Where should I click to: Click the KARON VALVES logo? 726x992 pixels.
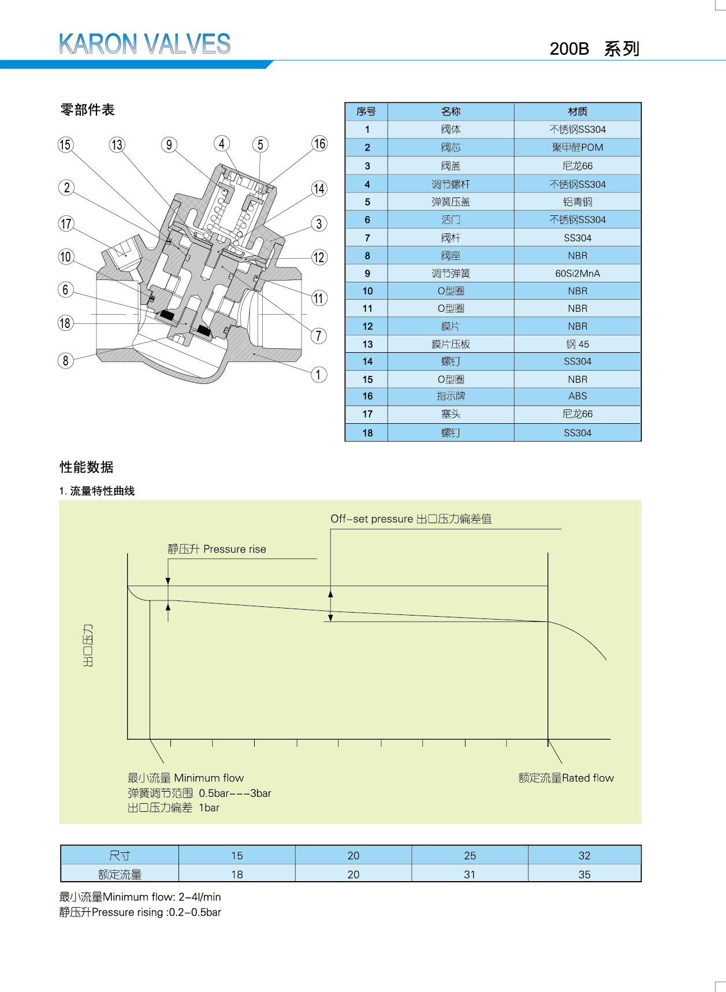[144, 44]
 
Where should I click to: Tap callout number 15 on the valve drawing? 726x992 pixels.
[65, 144]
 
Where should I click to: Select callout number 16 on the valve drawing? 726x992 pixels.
[319, 144]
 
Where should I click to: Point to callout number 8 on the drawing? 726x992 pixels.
[65, 360]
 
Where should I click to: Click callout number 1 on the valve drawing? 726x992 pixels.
[318, 375]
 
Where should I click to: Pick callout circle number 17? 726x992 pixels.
[66, 224]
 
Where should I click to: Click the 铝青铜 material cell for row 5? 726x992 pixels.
[578, 202]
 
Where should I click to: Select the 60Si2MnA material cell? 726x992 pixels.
[578, 274]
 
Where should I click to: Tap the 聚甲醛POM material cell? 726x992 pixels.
[578, 148]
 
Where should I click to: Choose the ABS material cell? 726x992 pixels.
[578, 396]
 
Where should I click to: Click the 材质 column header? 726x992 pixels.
[578, 111]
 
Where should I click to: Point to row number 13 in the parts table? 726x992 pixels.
[367, 344]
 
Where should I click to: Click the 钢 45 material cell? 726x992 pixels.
[578, 344]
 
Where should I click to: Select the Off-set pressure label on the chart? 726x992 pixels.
[411, 519]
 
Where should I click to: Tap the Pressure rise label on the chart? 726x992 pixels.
[217, 549]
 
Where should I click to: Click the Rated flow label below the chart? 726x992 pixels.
[566, 778]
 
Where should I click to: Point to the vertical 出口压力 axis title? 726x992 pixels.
[88, 645]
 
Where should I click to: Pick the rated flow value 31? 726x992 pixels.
[470, 875]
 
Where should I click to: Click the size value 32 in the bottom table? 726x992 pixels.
[584, 856]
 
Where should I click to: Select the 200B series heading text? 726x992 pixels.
[594, 49]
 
